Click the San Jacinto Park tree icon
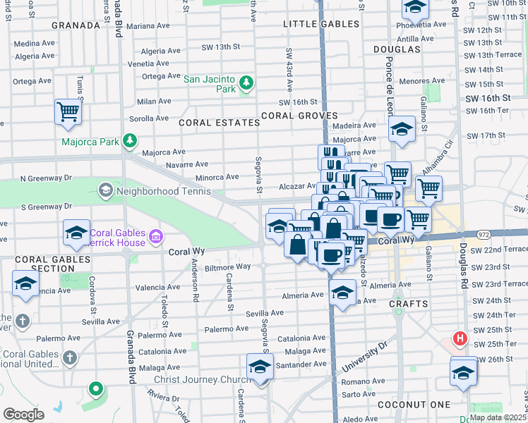[246, 84]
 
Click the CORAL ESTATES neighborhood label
[219, 123]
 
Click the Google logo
[23, 414]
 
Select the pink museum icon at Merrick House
[157, 234]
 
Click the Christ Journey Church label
[199, 380]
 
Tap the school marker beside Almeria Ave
[342, 292]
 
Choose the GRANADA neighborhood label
[76, 25]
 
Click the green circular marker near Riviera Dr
[95, 388]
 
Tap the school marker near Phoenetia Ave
[415, 8]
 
